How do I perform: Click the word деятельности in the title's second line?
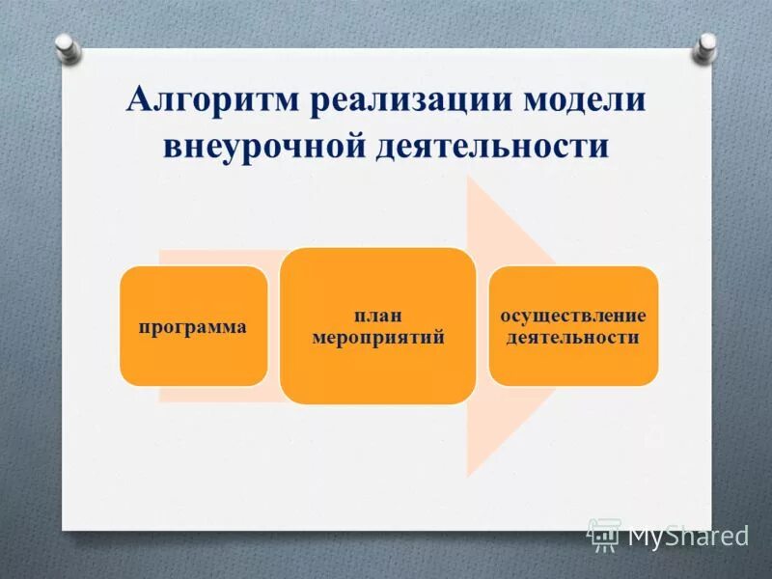click(x=492, y=148)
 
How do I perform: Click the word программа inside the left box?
click(x=193, y=327)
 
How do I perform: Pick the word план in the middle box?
click(x=377, y=316)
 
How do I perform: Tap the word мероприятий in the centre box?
click(x=377, y=338)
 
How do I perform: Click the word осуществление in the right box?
click(x=573, y=316)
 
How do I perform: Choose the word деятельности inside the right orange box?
click(x=573, y=338)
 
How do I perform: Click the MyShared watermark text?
click(x=688, y=536)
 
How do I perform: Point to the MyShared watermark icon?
click(x=605, y=535)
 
